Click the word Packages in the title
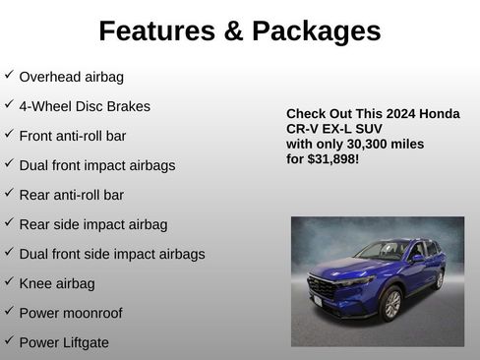click(x=316, y=31)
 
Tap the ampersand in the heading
click(x=234, y=31)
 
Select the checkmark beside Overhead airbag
click(x=9, y=75)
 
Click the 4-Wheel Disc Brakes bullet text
click(x=85, y=106)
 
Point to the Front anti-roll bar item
click(x=73, y=136)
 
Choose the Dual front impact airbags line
click(x=97, y=165)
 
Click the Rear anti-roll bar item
click(x=72, y=195)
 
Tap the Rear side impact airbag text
click(x=93, y=224)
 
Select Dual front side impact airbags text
click(x=112, y=254)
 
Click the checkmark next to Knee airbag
click(x=9, y=282)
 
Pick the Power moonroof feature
click(x=71, y=313)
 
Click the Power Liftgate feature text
click(x=64, y=342)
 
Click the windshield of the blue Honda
click(x=384, y=251)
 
